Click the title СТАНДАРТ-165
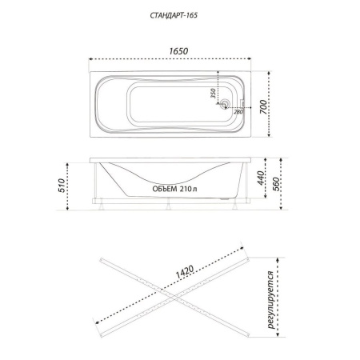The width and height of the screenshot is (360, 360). (174, 15)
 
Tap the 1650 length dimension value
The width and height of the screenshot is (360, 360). (178, 51)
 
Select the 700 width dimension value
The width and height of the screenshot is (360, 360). (263, 106)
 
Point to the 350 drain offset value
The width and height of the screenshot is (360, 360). (213, 94)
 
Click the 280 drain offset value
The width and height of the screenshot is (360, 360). (238, 112)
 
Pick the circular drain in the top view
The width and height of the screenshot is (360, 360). (225, 103)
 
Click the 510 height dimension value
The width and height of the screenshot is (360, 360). (61, 186)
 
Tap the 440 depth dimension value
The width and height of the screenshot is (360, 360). (261, 178)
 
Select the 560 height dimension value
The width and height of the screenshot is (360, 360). (276, 184)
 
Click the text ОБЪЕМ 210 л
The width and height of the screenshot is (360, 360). (174, 189)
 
